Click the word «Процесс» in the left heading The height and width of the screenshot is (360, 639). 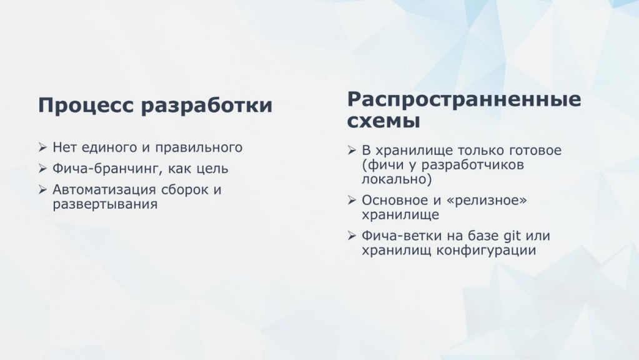coord(86,105)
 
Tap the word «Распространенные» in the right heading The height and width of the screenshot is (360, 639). coord(464,100)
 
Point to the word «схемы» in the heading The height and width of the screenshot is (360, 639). coord(384,121)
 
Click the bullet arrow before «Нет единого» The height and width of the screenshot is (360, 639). coord(43,147)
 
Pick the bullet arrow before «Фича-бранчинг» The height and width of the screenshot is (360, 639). coord(43,168)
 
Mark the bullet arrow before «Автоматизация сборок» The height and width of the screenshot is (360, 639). coord(43,189)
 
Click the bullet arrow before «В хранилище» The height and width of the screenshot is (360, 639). coord(352,151)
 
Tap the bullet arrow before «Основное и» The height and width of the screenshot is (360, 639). coord(352,200)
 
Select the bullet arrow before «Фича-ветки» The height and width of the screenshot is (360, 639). coord(352,236)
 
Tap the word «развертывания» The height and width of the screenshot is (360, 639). coord(105,204)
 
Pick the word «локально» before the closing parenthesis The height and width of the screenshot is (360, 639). coord(394,179)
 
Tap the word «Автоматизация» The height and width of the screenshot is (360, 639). coord(105,190)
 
